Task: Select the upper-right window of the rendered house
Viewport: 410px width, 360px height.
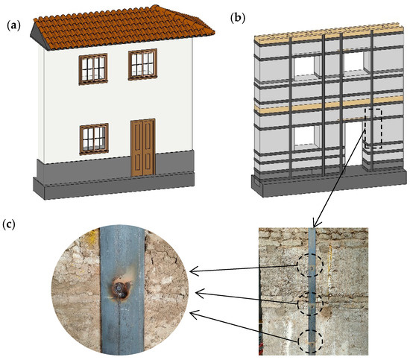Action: click(x=144, y=64)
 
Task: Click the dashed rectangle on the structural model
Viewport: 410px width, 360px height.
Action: click(x=373, y=127)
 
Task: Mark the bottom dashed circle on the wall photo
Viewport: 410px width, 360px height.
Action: click(x=311, y=341)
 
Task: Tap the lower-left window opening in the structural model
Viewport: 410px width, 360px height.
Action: click(x=305, y=136)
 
